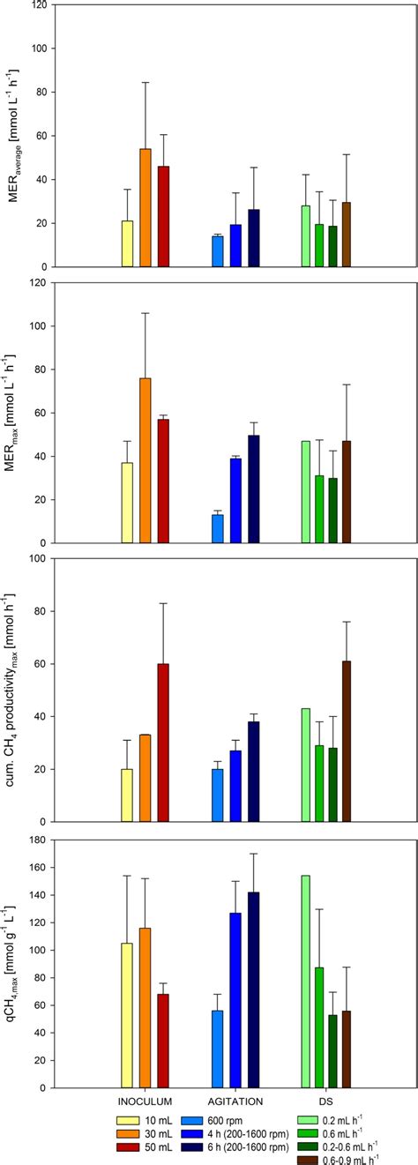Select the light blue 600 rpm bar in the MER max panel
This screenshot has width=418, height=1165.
pos(217,529)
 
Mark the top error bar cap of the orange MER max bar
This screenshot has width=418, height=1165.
pos(146,313)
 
